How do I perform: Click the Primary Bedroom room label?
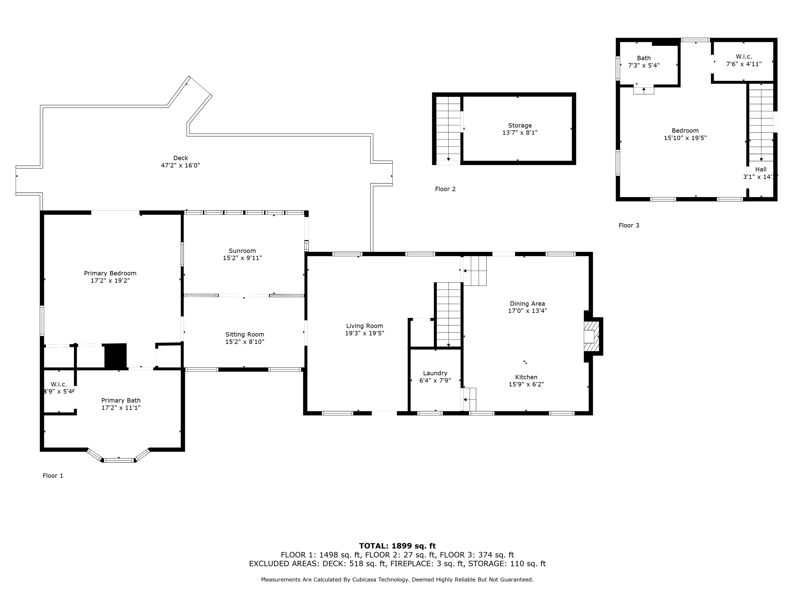pos(110,273)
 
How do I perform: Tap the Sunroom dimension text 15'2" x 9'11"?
pos(242,258)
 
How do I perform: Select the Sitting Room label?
pos(245,335)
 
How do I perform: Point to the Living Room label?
pos(364,326)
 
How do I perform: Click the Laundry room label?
pos(435,373)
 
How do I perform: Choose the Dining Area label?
pos(527,304)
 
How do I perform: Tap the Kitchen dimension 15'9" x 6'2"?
pos(526,384)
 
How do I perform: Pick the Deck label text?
pos(180,158)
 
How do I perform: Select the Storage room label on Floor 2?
pos(520,125)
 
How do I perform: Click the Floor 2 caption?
pos(445,189)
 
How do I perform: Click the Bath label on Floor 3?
pos(644,58)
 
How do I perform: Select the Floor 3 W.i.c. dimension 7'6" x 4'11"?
pos(744,64)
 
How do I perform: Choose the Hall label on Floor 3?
pos(761,170)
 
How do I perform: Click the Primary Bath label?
pos(121,401)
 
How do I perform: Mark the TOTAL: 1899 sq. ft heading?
pos(397,546)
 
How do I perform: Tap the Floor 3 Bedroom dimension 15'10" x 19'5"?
pos(685,138)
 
